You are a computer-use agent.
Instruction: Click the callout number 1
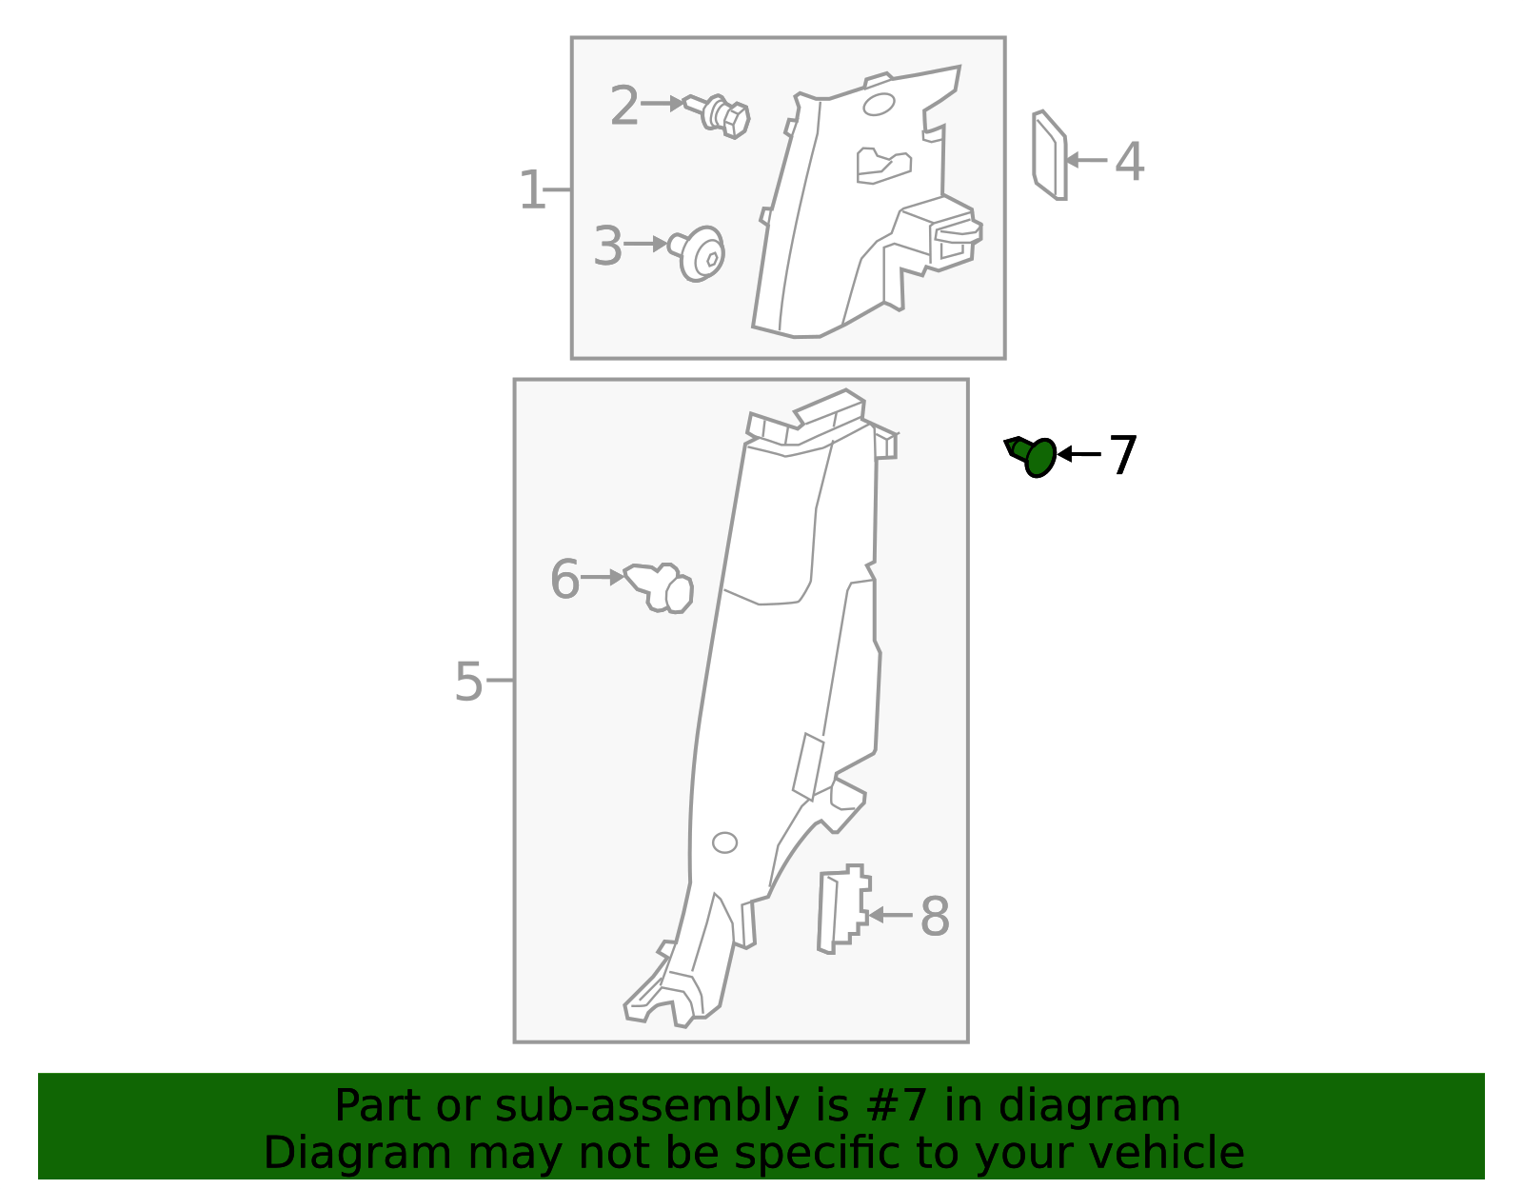click(x=531, y=190)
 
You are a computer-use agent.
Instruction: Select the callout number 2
click(x=624, y=105)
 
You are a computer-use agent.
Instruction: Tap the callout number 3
click(x=607, y=247)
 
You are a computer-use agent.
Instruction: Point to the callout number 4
click(x=1129, y=162)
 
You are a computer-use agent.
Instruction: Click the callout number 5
click(x=468, y=682)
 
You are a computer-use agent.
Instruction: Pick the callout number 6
click(x=564, y=579)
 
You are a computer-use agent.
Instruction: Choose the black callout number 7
click(x=1123, y=455)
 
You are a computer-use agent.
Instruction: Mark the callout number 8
click(x=935, y=917)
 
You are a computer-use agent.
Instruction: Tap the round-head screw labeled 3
click(x=701, y=254)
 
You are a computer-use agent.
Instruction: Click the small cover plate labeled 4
click(x=1049, y=155)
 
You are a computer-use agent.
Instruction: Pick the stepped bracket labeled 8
click(x=841, y=909)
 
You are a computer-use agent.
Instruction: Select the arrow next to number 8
click(x=890, y=915)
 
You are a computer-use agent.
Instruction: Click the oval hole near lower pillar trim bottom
click(x=724, y=842)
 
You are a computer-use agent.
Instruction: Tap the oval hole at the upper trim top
click(x=878, y=104)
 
